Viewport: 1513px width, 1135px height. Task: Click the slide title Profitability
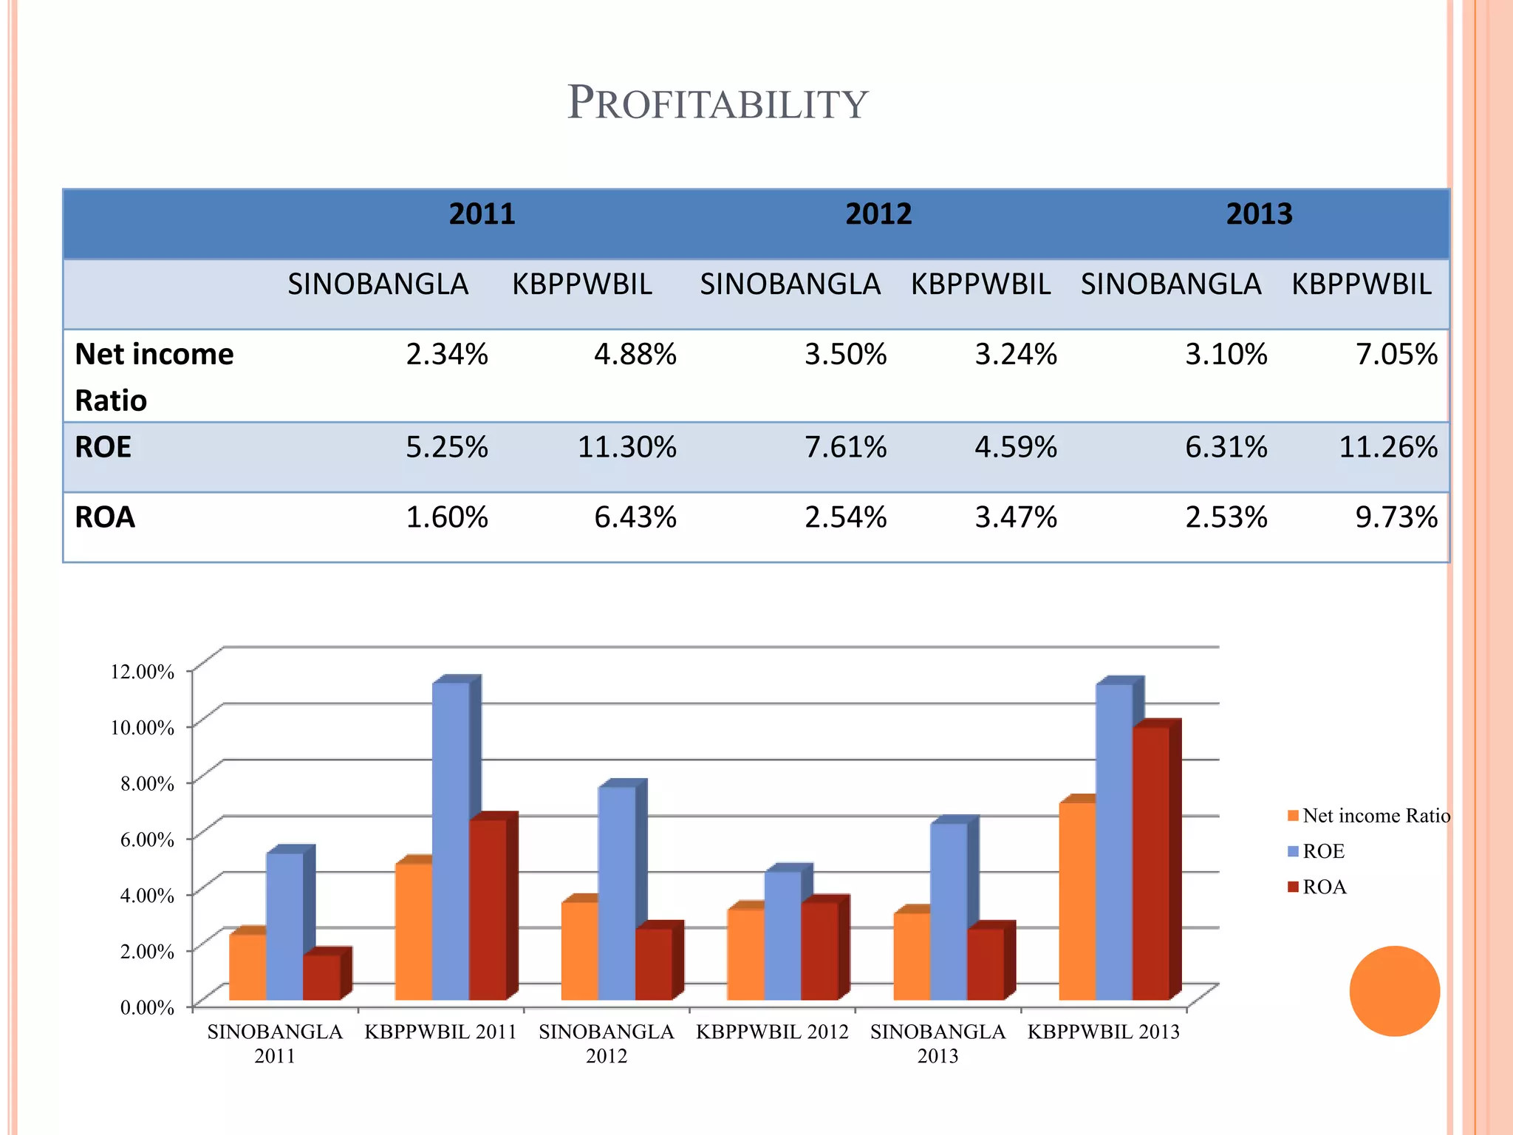(x=717, y=103)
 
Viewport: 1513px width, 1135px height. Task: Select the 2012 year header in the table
(x=878, y=214)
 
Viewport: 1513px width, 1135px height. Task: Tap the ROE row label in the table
(x=103, y=448)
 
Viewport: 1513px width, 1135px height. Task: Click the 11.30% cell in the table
(x=626, y=448)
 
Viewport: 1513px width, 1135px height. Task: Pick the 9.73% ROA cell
(x=1396, y=517)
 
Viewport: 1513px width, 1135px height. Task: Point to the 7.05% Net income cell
(x=1396, y=355)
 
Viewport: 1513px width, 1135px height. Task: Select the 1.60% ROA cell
(x=447, y=517)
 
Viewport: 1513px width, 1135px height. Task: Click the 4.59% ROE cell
(x=1016, y=448)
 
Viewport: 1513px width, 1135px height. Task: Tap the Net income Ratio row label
(x=154, y=377)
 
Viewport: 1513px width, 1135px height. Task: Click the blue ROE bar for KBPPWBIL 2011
(x=451, y=842)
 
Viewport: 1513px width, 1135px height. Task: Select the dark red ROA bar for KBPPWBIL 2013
(x=1151, y=865)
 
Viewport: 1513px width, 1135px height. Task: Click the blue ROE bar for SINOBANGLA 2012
(x=617, y=894)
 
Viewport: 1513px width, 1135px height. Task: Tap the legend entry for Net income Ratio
(x=1368, y=816)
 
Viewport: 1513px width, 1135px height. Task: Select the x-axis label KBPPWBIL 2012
(x=772, y=1032)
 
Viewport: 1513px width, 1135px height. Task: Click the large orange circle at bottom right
(x=1394, y=991)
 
